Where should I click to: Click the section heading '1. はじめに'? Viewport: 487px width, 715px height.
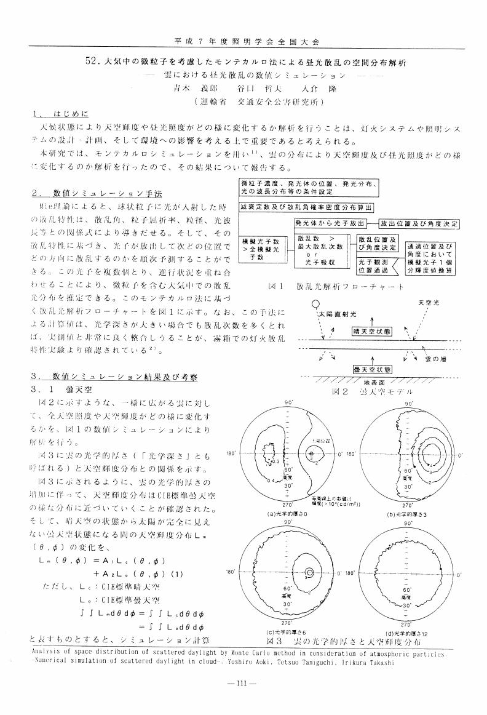click(61, 114)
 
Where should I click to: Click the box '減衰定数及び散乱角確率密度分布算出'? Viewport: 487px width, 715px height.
click(307, 207)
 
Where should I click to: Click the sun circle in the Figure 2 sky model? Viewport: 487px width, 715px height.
click(315, 303)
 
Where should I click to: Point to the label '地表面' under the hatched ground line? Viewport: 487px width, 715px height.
click(366, 383)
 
